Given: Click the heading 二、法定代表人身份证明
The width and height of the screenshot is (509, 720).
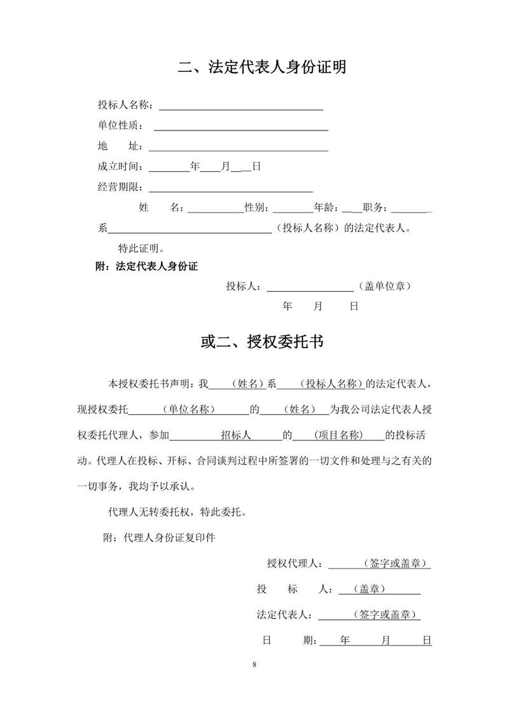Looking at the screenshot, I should [262, 67].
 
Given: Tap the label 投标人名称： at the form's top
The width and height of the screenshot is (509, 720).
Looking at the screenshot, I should [125, 105].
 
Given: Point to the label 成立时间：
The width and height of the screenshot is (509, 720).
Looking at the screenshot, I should [120, 167].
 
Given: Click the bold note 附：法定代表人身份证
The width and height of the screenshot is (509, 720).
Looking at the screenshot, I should [146, 267].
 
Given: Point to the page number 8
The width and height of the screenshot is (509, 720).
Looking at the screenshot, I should [254, 665].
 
